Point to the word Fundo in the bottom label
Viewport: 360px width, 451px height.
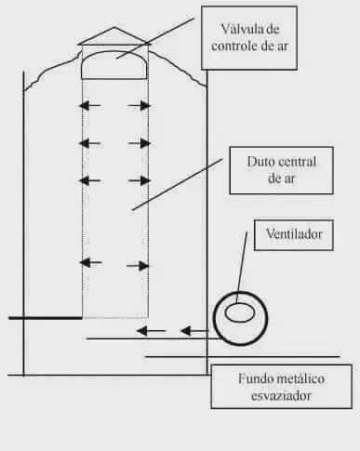pos(254,378)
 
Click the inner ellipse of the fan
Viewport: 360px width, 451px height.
pos(241,313)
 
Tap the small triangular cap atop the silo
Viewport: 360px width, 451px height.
pos(114,37)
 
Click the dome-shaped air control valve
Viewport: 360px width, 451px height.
pos(114,65)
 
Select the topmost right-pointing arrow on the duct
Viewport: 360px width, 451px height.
pos(140,106)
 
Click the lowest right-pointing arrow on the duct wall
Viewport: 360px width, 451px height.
pos(140,264)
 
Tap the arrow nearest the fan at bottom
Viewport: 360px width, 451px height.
pos(193,330)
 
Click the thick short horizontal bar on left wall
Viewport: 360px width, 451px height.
pos(45,318)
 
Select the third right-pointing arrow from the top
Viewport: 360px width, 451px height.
pos(140,179)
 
